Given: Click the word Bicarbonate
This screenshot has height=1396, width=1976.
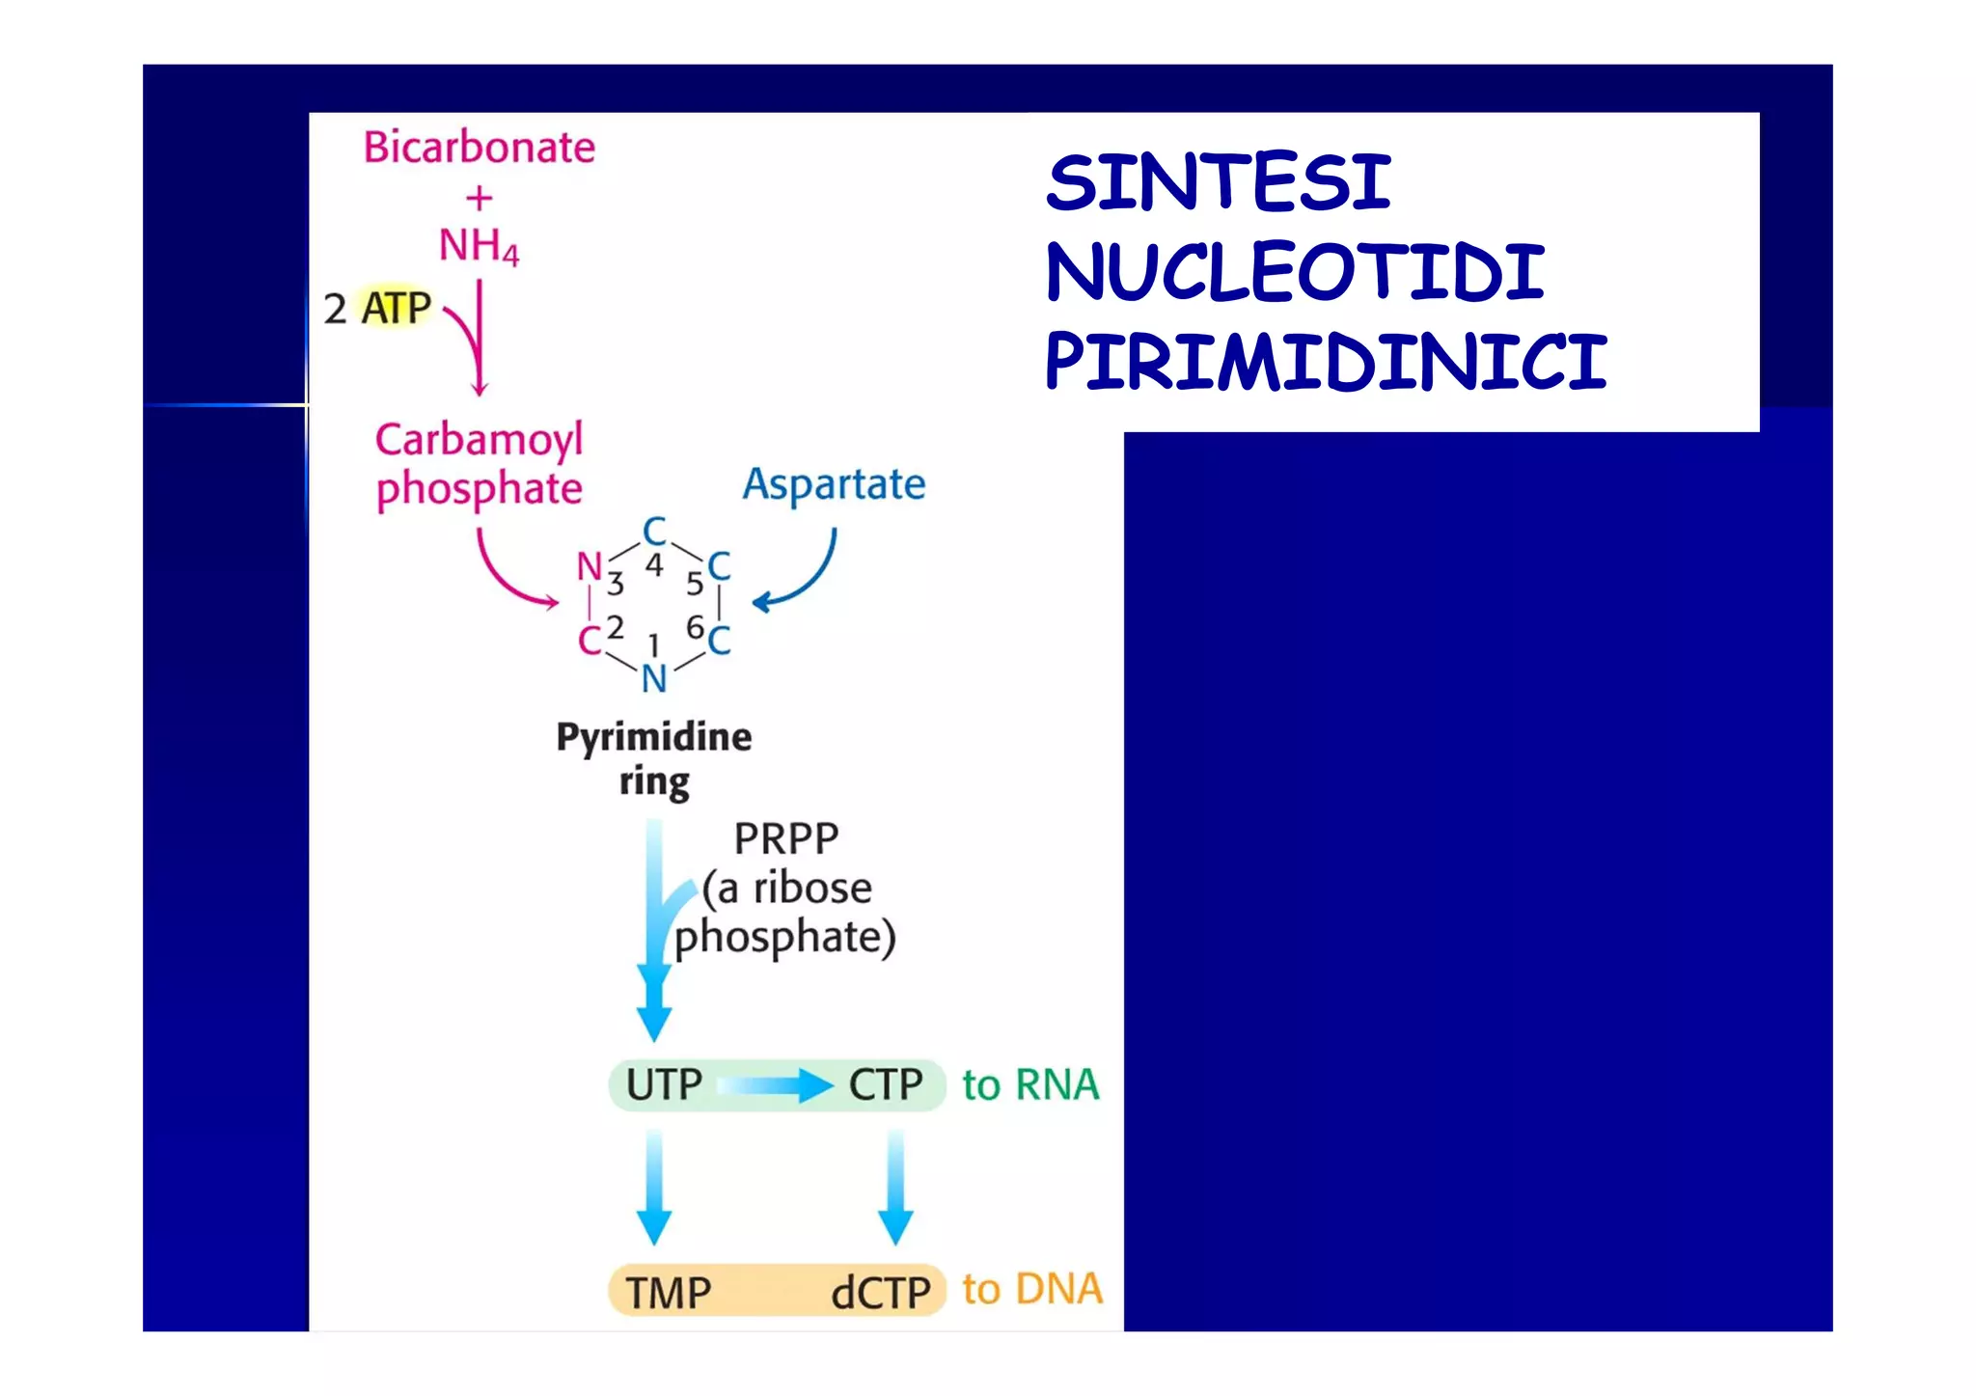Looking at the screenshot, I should click(x=479, y=148).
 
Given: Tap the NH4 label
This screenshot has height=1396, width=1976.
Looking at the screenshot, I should click(x=479, y=246).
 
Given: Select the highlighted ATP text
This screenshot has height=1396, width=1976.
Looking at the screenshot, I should click(x=396, y=309).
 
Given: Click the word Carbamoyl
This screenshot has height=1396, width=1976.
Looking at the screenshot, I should click(x=479, y=439).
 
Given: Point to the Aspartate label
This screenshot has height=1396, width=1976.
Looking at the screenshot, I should click(x=834, y=483).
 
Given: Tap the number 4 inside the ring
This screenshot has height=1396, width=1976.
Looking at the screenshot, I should click(x=654, y=565).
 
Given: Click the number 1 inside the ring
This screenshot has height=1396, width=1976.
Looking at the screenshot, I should click(x=653, y=643).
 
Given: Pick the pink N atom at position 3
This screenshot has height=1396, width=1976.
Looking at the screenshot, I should click(x=589, y=566).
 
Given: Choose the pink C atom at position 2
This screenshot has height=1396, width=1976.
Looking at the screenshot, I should click(x=589, y=641).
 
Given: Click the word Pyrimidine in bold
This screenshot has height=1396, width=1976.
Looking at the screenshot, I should click(x=653, y=737).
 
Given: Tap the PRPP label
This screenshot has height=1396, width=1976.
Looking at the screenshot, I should click(x=785, y=838).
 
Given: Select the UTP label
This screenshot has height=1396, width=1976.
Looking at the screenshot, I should click(x=664, y=1084).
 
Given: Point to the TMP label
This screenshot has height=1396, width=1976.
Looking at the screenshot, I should click(x=668, y=1292).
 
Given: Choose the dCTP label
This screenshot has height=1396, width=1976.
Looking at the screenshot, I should click(x=880, y=1292).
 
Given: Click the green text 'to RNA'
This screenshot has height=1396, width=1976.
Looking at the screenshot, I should click(x=1030, y=1084).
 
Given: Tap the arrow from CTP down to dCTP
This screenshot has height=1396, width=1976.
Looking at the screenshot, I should click(x=895, y=1187).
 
